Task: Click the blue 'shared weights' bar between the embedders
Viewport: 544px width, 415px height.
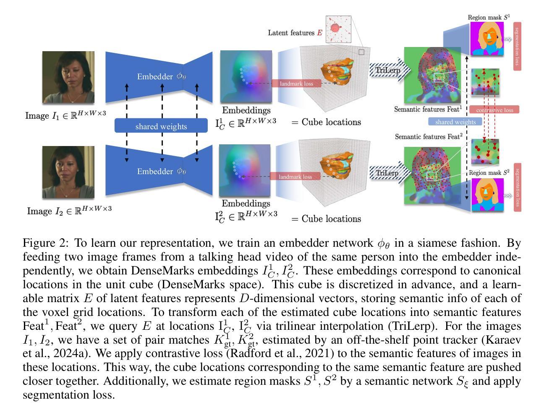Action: click(161, 126)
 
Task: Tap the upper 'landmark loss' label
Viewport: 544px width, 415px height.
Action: click(297, 84)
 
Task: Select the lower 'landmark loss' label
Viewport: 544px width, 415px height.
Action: click(296, 177)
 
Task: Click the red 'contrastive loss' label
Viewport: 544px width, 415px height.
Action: click(494, 110)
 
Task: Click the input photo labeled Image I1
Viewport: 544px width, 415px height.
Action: click(68, 77)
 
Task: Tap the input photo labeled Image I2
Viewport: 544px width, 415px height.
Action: click(68, 172)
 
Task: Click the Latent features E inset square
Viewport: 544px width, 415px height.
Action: click(338, 29)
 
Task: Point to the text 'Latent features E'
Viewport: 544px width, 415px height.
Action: click(295, 33)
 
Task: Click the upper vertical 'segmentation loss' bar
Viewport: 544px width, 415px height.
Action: click(517, 47)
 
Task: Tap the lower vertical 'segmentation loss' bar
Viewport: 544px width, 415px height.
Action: click(517, 188)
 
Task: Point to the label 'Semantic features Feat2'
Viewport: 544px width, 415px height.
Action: click(429, 137)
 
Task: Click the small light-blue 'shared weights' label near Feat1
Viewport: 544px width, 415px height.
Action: click(455, 122)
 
